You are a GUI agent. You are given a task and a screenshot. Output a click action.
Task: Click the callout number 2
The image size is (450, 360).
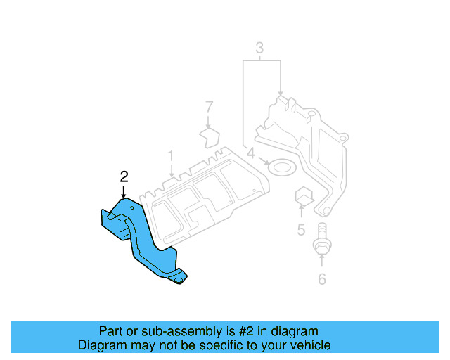coord(124,176)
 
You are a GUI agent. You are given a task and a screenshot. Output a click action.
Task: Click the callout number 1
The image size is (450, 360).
coord(170,155)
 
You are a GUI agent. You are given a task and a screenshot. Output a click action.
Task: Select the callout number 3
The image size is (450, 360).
coord(259,49)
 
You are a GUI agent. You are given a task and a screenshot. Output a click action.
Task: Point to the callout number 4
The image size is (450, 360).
coord(251,153)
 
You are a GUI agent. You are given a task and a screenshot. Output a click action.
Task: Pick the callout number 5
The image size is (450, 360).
coord(300,230)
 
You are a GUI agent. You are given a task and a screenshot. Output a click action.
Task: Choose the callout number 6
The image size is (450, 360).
coord(322,279)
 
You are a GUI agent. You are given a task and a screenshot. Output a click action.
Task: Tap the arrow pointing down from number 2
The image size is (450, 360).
coord(124,191)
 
